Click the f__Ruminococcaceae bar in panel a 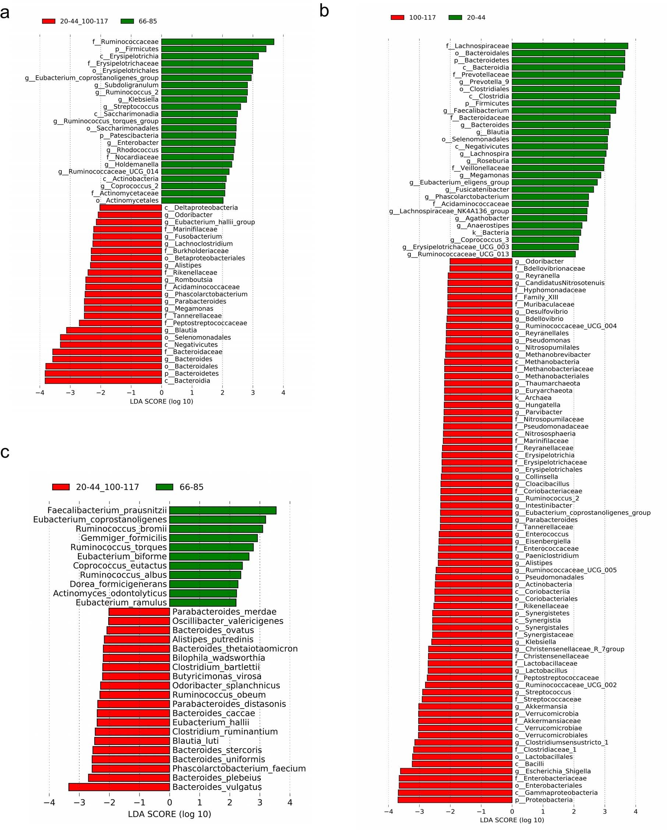[x=218, y=42]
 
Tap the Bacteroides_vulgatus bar [x=119, y=787]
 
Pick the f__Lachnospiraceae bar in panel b [x=569, y=46]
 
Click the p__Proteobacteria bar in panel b [x=455, y=800]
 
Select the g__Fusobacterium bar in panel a [x=127, y=236]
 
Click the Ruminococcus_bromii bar [x=216, y=529]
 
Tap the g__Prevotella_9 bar [x=567, y=82]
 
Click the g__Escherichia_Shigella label [x=553, y=771]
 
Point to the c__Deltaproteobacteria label [x=201, y=207]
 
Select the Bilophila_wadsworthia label [x=218, y=658]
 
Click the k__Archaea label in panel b [x=533, y=398]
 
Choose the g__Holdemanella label [x=131, y=164]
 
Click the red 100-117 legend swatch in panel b [x=398, y=17]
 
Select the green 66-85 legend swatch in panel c [x=165, y=487]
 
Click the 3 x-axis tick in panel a [x=253, y=393]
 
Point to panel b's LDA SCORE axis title [x=512, y=820]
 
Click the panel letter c [x=5, y=452]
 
